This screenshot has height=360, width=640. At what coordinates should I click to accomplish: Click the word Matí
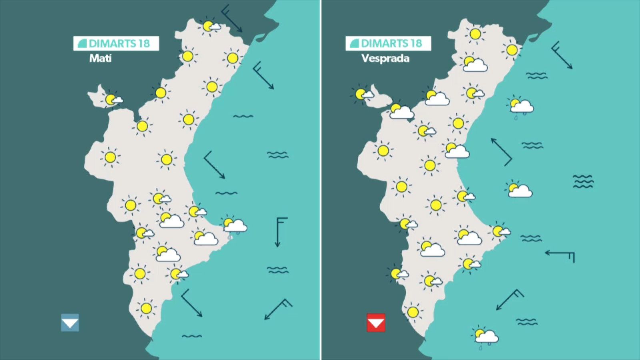click(100, 58)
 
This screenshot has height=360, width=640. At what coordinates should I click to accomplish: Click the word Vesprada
click(385, 58)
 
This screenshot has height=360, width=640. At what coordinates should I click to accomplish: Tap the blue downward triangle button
click(70, 322)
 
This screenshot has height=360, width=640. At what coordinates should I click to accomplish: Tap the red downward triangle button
click(376, 322)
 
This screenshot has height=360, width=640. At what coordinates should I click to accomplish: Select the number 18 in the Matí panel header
click(144, 43)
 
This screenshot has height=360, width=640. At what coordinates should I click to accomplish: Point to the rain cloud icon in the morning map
click(235, 226)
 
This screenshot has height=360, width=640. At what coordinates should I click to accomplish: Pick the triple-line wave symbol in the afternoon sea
click(583, 181)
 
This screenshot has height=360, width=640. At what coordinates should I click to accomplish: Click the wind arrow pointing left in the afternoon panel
click(560, 254)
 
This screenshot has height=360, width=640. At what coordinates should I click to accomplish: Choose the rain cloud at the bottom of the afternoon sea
click(486, 336)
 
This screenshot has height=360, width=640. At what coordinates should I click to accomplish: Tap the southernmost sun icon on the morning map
click(146, 308)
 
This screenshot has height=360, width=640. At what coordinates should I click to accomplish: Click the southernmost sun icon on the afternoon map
click(413, 312)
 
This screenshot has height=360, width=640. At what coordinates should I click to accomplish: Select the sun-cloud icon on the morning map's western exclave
click(112, 99)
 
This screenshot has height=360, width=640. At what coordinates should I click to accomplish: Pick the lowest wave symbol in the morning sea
click(192, 336)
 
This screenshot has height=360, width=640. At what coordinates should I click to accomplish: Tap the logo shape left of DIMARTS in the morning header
click(82, 43)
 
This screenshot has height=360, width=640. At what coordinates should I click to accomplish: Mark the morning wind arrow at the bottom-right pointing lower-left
click(278, 309)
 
